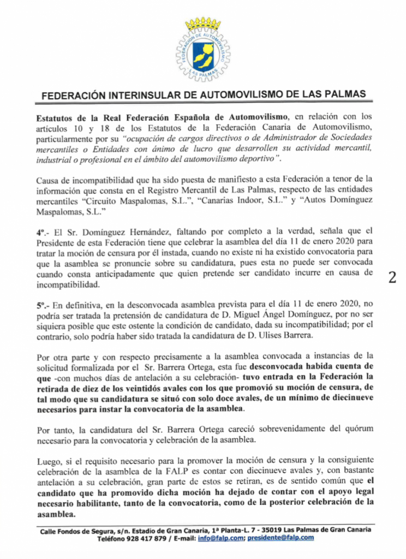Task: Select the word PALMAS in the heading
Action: (346, 94)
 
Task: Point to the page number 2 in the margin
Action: (391, 276)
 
